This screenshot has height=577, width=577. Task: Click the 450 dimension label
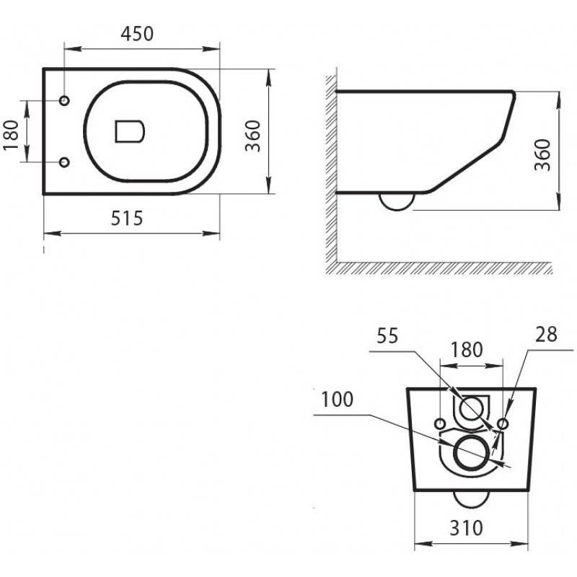[x=137, y=33]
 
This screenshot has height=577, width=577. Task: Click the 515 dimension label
[x=127, y=219]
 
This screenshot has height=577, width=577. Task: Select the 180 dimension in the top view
[x=11, y=135]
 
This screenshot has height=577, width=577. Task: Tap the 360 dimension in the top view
[x=253, y=136]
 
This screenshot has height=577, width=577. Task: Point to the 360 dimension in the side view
[x=543, y=155]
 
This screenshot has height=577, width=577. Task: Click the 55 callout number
[x=387, y=336]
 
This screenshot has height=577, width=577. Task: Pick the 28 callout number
[x=546, y=335]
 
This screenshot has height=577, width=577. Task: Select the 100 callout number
[x=337, y=400]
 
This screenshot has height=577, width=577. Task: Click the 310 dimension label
[x=466, y=528]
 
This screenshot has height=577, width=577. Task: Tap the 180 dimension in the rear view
[x=466, y=349]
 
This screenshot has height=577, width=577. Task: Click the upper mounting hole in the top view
[x=64, y=100]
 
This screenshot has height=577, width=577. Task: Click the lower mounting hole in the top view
[x=64, y=162]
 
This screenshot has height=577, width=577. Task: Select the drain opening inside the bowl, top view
[x=130, y=131]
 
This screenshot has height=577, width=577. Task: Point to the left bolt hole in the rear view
[x=440, y=423]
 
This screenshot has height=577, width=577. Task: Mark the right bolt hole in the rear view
[x=503, y=424]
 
